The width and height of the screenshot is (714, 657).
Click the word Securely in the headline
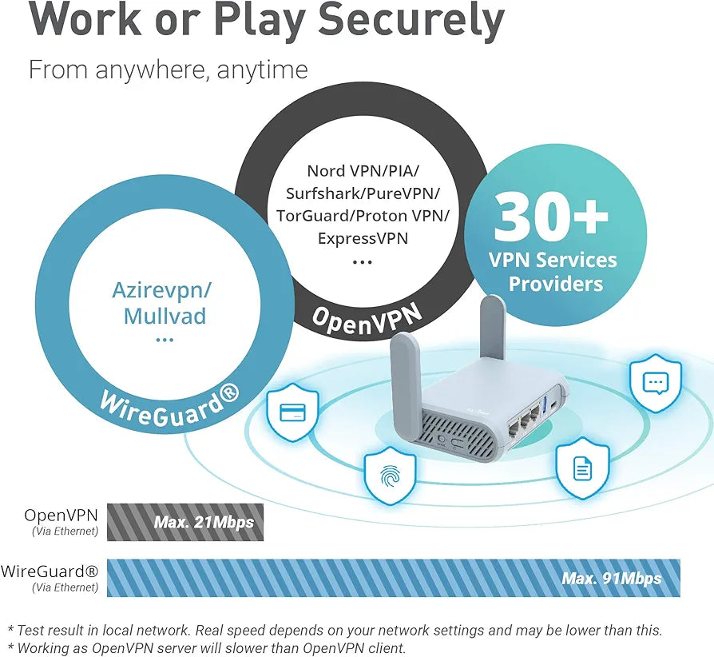coord(407,22)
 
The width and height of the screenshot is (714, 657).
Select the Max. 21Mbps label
coord(204,524)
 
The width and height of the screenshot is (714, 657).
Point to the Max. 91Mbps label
coord(611,578)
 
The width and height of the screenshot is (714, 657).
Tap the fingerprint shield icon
coord(390,476)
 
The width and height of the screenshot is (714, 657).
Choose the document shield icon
coord(582,468)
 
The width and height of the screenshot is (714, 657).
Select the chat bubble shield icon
coord(656,383)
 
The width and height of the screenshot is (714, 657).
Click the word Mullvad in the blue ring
coord(165,316)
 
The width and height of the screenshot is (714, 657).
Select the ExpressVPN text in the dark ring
coord(363,238)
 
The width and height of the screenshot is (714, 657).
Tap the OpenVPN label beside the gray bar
coord(62,516)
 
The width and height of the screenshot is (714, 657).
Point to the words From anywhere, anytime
coord(168,70)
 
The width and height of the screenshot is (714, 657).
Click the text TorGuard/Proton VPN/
coord(363,216)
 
